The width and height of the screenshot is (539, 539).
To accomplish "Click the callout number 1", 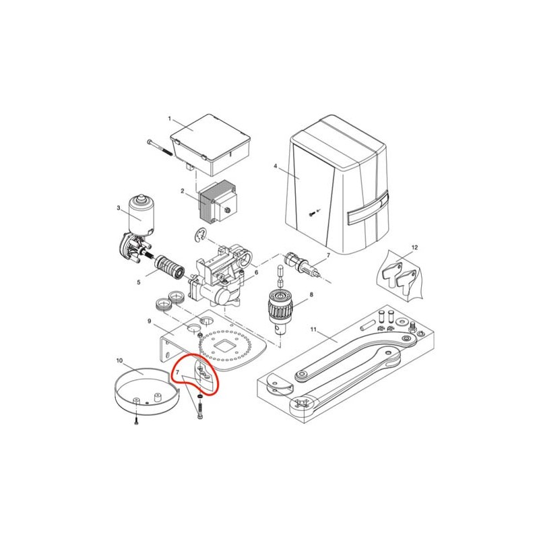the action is click(x=170, y=119).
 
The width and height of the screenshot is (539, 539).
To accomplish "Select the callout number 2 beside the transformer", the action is click(x=183, y=191).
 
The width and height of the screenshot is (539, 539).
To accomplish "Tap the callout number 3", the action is click(x=119, y=208).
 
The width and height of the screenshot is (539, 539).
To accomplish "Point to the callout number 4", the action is click(x=275, y=166).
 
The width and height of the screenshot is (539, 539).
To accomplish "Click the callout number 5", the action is click(x=139, y=282).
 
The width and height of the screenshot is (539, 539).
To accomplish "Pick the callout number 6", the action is click(x=256, y=272).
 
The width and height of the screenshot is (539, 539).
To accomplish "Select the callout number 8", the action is click(x=311, y=294).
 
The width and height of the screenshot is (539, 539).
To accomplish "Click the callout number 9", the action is click(x=149, y=321).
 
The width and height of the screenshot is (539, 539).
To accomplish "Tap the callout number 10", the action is click(x=119, y=360).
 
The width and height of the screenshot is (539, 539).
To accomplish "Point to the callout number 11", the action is click(x=313, y=329).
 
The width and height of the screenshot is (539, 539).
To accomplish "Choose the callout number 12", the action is click(x=414, y=247).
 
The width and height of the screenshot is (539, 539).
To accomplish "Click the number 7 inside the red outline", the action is click(x=177, y=373).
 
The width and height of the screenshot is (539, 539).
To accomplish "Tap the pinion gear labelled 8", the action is click(x=280, y=302).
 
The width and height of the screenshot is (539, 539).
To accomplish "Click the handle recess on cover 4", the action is click(x=368, y=209).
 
